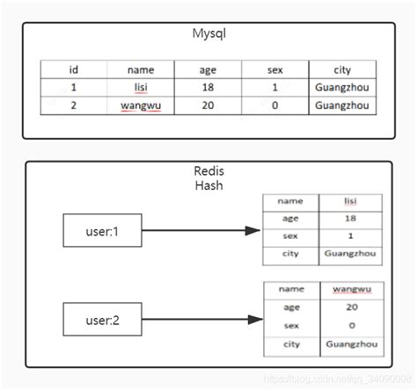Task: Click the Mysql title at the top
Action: (208, 33)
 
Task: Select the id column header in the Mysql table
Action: (74, 70)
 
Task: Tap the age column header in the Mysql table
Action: (208, 70)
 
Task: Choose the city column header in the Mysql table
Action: (342, 70)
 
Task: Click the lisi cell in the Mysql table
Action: (141, 88)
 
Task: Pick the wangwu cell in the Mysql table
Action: (141, 105)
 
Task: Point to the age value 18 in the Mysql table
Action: (208, 88)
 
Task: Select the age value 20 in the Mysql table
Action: (208, 105)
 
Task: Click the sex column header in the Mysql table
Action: (275, 70)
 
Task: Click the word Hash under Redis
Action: (210, 185)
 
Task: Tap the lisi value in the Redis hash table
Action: (350, 201)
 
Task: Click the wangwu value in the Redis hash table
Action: (350, 289)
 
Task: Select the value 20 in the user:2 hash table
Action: (350, 307)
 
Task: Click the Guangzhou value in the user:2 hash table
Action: (350, 344)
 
